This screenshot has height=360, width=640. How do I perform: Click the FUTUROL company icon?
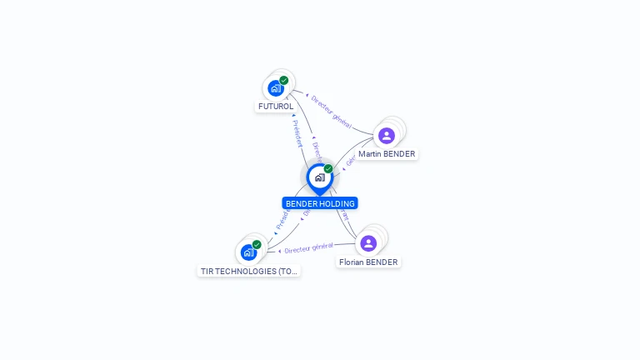275,87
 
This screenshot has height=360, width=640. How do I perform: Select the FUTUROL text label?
276,107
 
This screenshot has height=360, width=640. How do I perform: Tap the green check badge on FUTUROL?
284,80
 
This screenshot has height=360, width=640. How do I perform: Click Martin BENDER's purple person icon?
386,135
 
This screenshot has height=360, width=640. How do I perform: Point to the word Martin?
371,154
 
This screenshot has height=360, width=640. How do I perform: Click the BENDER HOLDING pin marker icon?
319,177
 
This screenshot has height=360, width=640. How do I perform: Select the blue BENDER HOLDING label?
320,203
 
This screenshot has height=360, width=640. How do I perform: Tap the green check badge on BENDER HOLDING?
328,168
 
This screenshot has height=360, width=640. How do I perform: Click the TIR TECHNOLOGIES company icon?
248,252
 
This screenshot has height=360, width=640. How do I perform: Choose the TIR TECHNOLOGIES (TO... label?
248,271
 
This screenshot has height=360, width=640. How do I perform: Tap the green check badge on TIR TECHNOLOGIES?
257,244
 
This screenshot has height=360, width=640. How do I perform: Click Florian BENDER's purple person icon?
368,242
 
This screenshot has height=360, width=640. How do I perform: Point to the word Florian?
352,262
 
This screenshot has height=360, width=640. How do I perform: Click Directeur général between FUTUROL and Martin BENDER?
331,113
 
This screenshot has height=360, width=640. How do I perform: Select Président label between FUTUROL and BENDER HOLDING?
297,133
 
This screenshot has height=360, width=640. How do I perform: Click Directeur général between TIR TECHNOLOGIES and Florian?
308,247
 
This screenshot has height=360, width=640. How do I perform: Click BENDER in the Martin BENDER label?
399,154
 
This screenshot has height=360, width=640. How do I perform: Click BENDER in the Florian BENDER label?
382,262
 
